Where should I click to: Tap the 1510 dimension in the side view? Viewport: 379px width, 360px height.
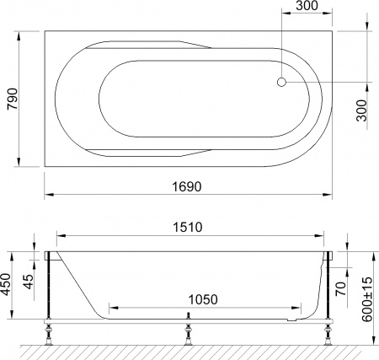[189, 228]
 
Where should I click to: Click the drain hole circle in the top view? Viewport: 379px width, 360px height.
[282, 83]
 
